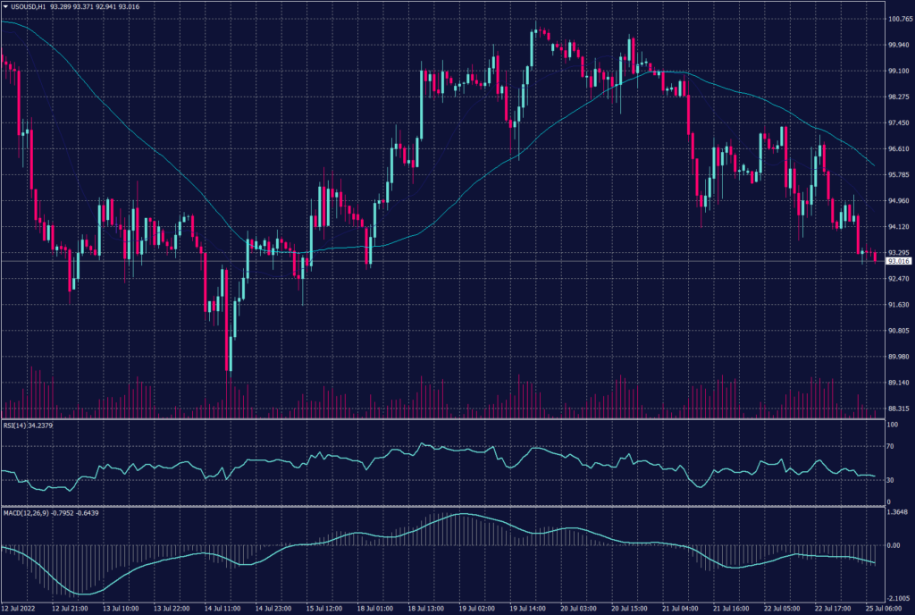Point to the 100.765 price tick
click(x=898, y=18)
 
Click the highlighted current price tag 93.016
click(x=898, y=261)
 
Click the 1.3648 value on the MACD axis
click(x=897, y=513)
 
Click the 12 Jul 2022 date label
click(x=20, y=609)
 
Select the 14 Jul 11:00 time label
click(x=223, y=609)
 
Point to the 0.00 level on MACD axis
click(x=894, y=544)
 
